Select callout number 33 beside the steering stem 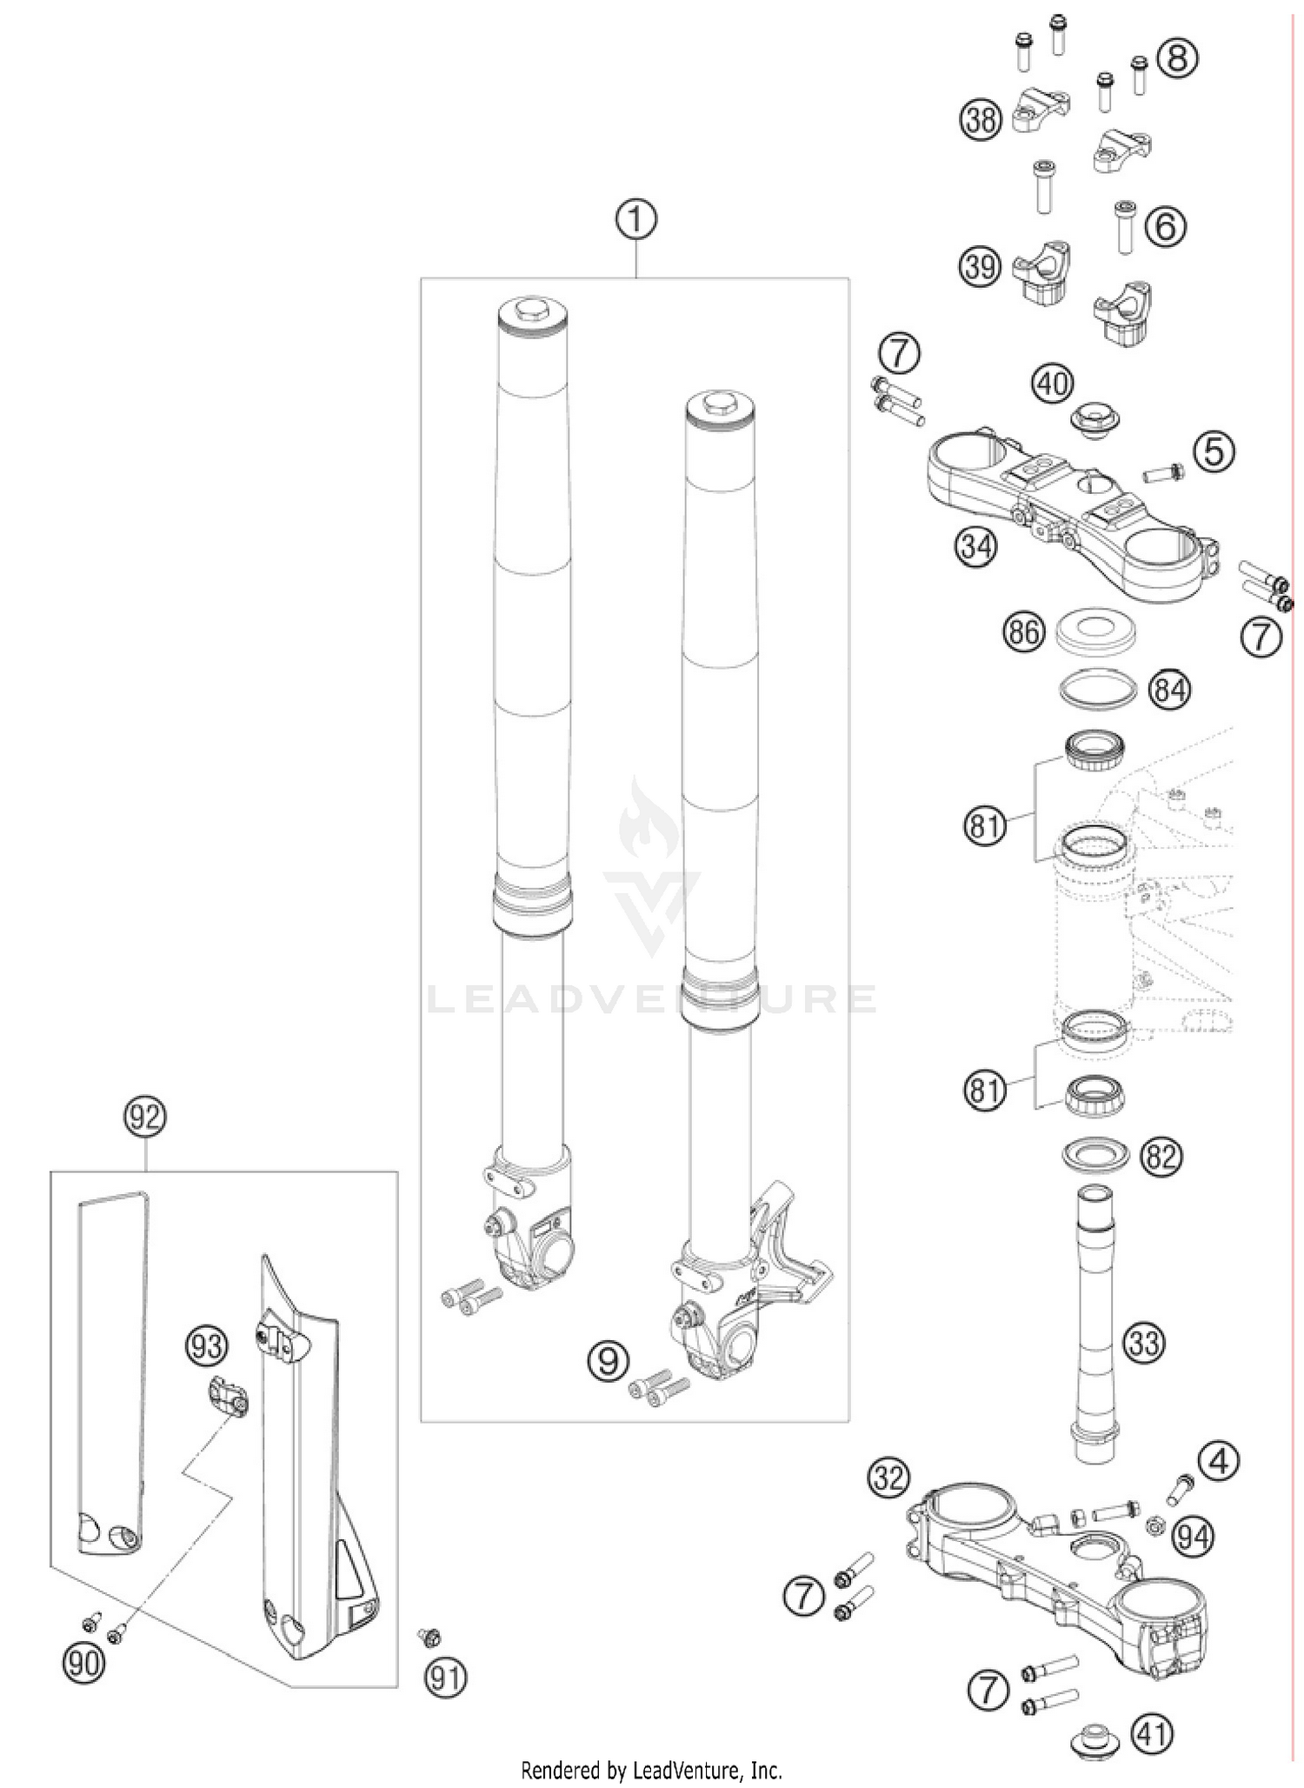1143,1344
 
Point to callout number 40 1053,384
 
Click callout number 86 1024,631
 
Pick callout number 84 1169,691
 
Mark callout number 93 206,1347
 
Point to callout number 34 976,546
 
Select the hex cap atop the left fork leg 533,309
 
